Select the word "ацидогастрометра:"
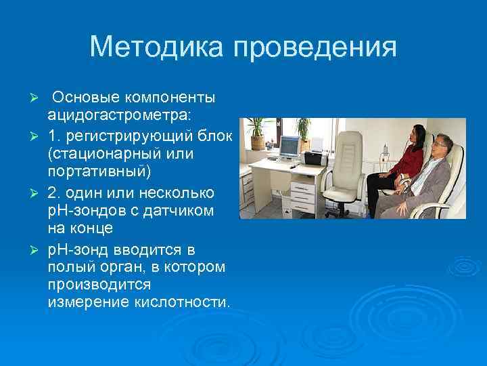(x=120, y=110)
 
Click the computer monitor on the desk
(x=289, y=146)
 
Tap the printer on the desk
(x=315, y=158)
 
